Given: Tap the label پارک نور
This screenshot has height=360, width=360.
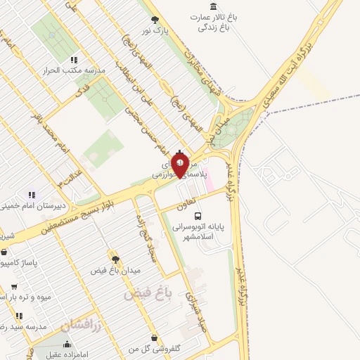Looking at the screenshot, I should pos(155,32).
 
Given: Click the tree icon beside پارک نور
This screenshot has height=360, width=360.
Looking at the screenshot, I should pos(155,20).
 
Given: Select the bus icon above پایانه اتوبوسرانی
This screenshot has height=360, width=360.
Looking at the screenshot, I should pos(198,215).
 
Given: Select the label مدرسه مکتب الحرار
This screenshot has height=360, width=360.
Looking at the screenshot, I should pos(75,71).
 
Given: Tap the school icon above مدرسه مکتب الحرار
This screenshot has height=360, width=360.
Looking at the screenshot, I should pos(74,60).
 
